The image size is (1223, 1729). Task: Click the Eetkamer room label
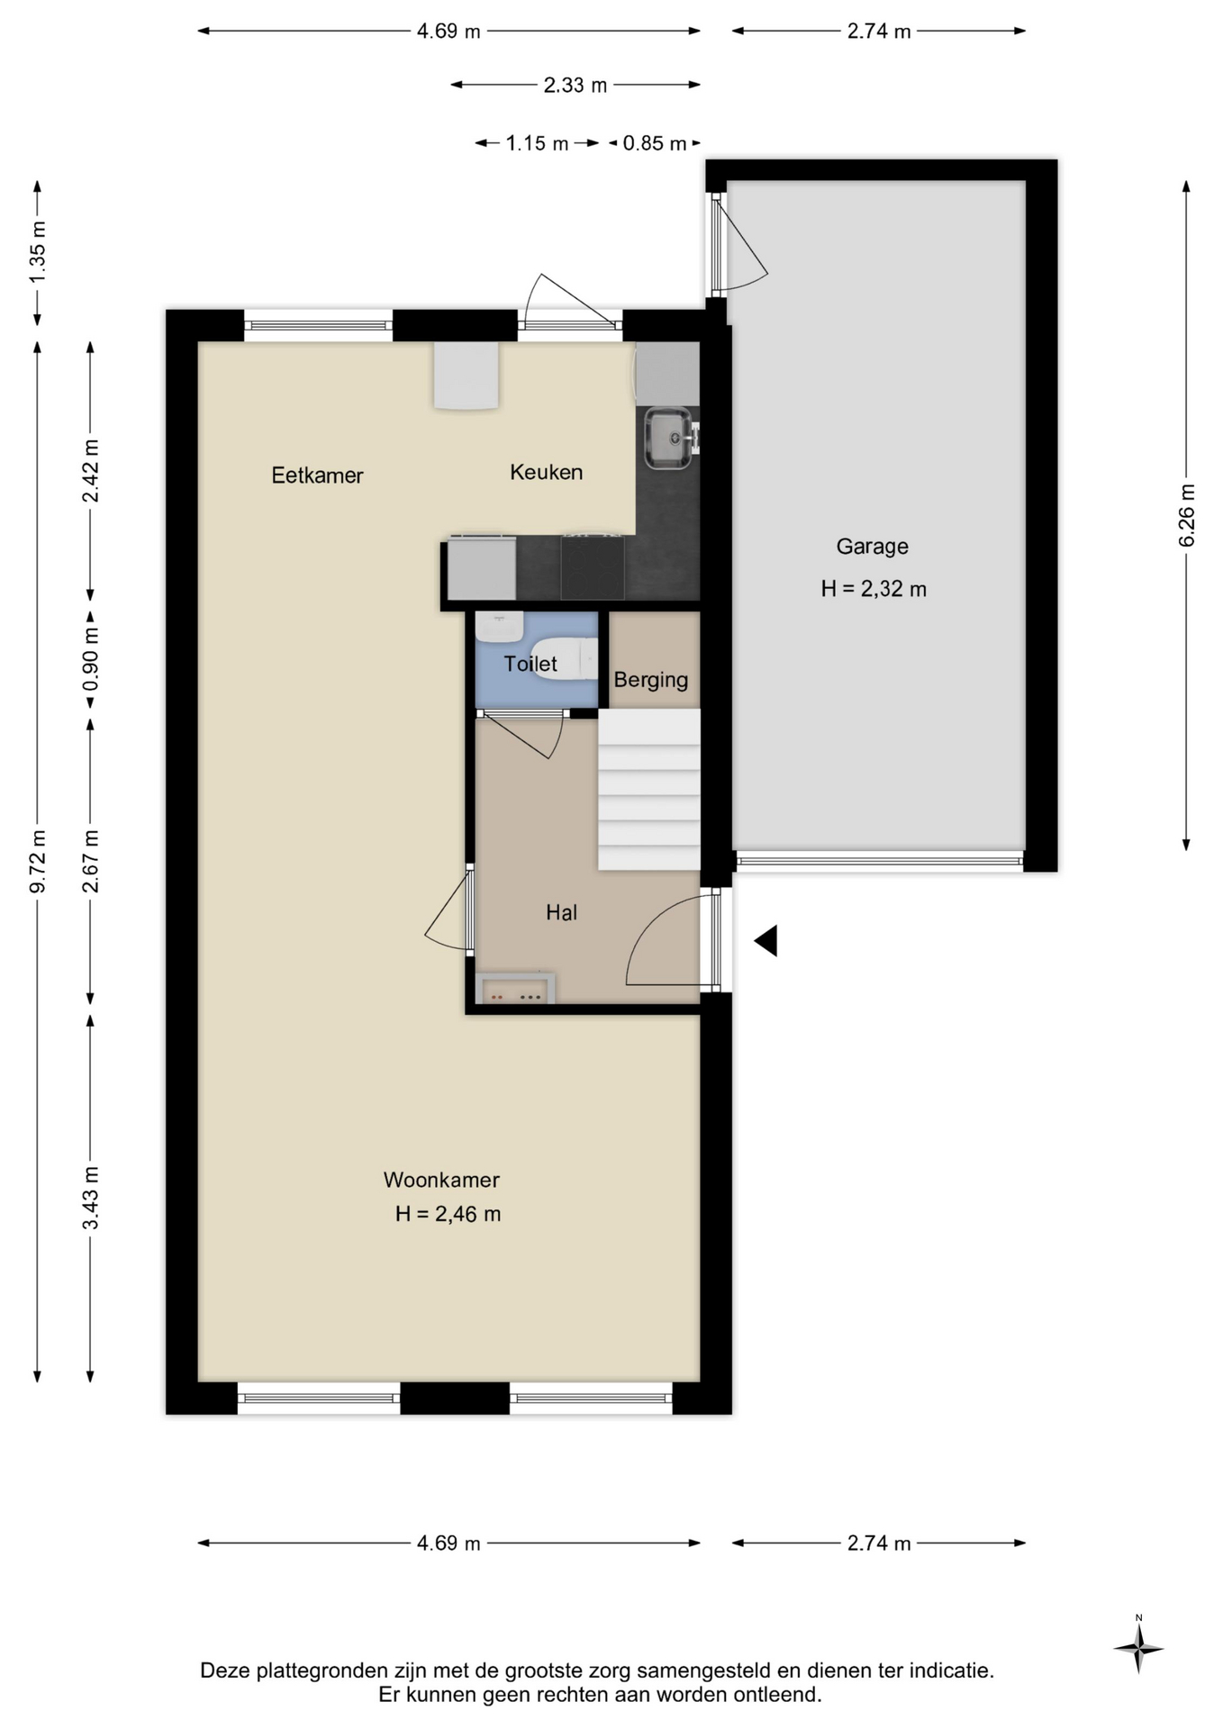point(317,475)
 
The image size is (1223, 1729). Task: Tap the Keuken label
point(546,472)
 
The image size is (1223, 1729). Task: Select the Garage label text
point(872,547)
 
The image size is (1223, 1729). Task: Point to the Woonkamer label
point(441,1180)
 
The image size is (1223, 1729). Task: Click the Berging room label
point(651,681)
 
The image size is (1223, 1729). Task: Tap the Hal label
point(561,912)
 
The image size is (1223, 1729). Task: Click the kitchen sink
point(667,439)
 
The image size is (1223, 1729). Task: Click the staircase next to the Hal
point(649,789)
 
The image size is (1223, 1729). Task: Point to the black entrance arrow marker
point(766,941)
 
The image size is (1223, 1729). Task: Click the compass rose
point(1138,1649)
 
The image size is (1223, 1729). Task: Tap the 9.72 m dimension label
point(38,862)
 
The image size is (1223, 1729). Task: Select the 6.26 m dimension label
point(1187,515)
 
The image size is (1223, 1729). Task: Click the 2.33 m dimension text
point(575,86)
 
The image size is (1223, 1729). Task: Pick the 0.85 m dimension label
point(655,143)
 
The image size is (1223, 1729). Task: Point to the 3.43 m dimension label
point(91,1198)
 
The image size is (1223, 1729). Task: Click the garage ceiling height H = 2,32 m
point(874,589)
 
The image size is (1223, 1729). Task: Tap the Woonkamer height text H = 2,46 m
point(448,1214)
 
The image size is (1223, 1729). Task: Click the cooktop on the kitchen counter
point(593,567)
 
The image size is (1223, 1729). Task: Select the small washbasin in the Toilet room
point(499,627)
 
